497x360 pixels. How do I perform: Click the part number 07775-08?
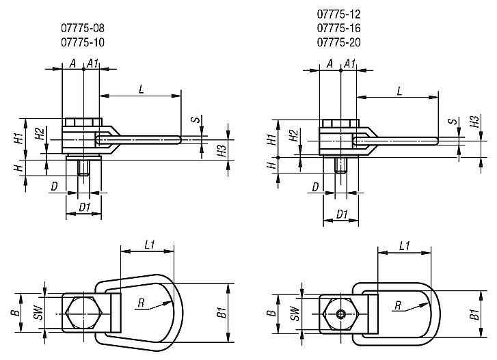coord(82,28)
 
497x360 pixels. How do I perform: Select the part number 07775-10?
coord(82,42)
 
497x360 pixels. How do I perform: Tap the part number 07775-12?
coord(338,14)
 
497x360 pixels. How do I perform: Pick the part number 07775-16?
coord(338,28)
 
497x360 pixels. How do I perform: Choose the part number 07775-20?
coord(338,42)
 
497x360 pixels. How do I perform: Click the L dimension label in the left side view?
coord(140,89)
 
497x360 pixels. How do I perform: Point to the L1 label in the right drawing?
coord(404,245)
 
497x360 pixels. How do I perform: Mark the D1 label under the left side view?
coord(84,206)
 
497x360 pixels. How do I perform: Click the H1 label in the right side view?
coord(272,140)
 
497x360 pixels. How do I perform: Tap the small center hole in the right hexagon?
coord(340,314)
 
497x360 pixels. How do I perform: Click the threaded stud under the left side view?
coord(83,167)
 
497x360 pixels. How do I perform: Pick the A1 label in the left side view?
coord(93,64)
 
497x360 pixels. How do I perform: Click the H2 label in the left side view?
coord(40,134)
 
